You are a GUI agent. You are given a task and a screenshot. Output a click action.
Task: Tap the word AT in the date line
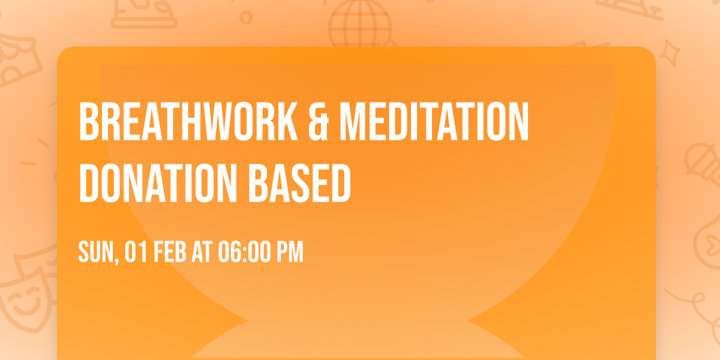[202, 252]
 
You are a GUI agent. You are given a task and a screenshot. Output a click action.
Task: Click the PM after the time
[289, 252]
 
